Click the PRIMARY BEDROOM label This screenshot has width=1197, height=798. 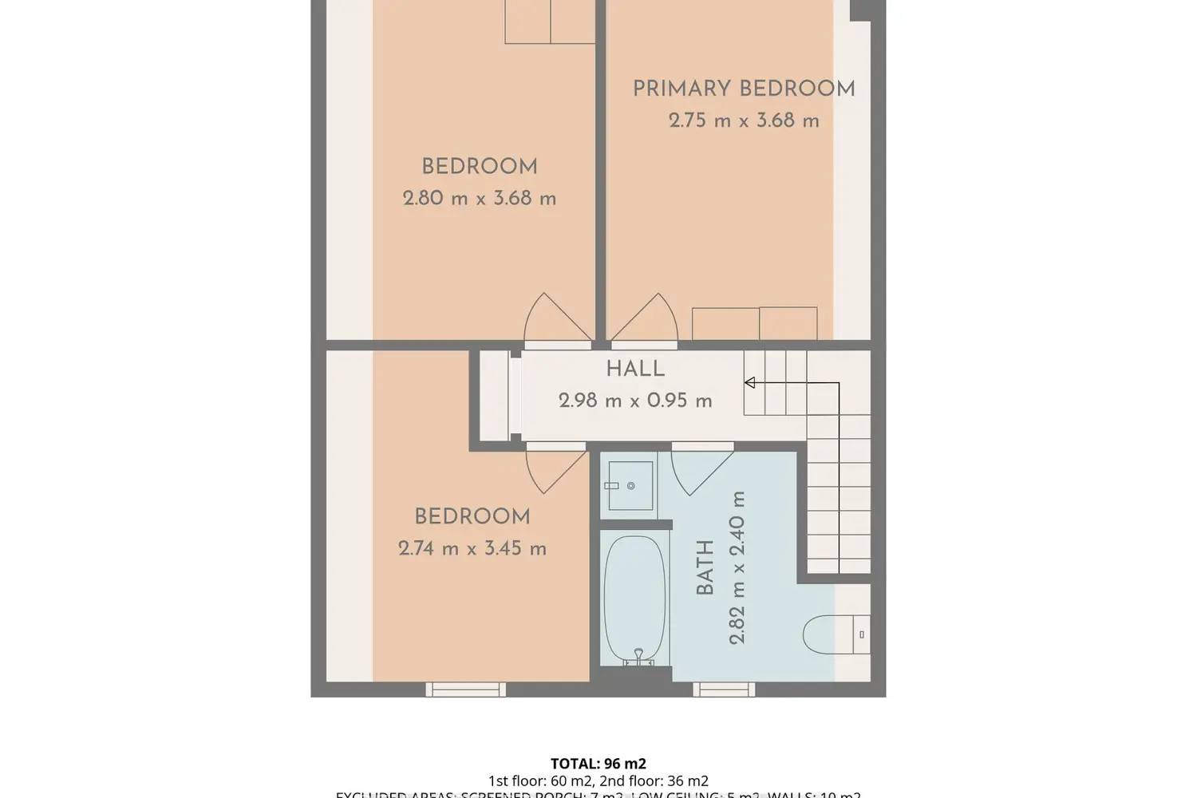[x=744, y=89]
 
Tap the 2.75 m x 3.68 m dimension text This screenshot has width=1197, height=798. [x=744, y=120]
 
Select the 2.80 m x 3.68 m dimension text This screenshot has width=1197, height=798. [x=479, y=198]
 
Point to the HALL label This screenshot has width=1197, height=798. [x=635, y=369]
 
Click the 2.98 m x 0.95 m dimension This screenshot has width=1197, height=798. [x=635, y=401]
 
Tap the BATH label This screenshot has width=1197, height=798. [x=705, y=567]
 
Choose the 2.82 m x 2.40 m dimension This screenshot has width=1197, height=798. [x=737, y=567]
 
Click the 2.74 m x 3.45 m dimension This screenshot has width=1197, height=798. [x=472, y=548]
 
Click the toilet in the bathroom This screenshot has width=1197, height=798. [x=822, y=635]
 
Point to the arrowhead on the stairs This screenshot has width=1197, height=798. [x=749, y=383]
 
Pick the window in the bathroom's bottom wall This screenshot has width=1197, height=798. [x=724, y=689]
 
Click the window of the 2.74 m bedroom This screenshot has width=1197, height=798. [x=465, y=689]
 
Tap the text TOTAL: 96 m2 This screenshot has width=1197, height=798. [x=598, y=764]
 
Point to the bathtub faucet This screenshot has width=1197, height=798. [x=638, y=656]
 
